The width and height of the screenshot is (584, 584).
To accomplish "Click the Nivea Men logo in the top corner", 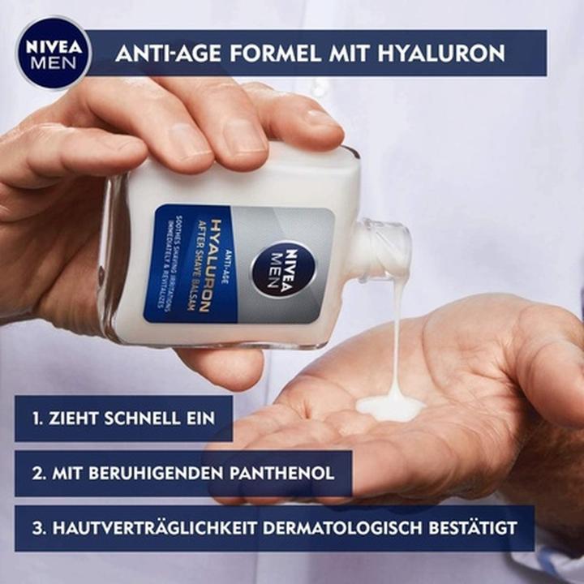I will (x=53, y=53).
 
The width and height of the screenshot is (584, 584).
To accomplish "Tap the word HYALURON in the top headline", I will (x=442, y=54).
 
